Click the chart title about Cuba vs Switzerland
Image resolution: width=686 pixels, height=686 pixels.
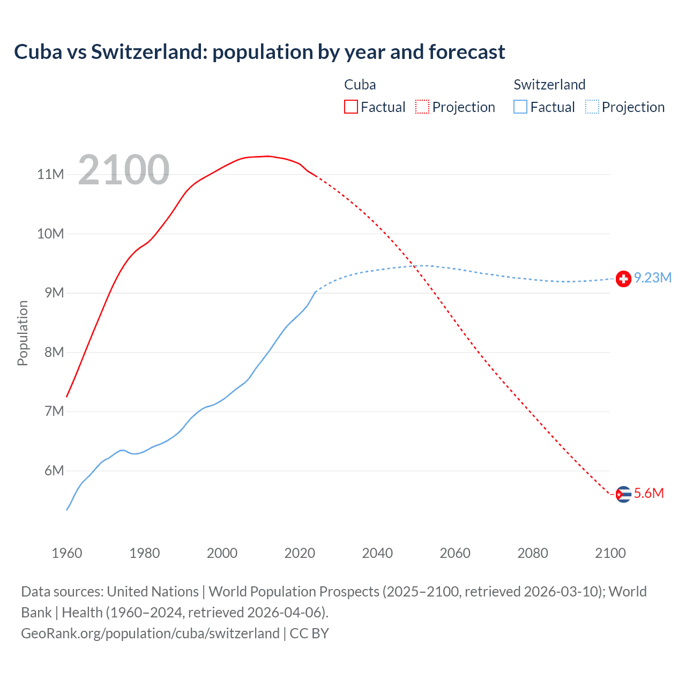259,52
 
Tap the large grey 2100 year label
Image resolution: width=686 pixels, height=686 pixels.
124,170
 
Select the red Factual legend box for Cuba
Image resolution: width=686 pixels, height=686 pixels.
351,107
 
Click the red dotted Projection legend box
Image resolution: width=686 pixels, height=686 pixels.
422,107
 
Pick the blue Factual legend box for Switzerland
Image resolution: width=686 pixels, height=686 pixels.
520,107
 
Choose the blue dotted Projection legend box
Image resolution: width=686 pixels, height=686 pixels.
592,107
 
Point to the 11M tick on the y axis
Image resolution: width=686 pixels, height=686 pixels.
51,174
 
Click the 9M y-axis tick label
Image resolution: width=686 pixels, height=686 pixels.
54,293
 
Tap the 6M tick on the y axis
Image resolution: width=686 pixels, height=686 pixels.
54,471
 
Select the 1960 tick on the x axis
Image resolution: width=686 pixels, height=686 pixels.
67,553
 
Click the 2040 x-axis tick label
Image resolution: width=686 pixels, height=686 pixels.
377,553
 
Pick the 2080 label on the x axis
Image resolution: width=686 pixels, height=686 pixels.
533,553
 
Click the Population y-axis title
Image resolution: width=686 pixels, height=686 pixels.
23,333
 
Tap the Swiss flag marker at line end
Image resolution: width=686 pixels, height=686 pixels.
623,279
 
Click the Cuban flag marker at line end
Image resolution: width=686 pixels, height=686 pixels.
623,494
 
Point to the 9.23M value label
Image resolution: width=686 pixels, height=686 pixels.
653,278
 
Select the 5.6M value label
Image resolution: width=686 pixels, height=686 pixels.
649,493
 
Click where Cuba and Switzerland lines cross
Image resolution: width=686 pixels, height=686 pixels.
415,266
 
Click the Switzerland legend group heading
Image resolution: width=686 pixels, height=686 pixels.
549,85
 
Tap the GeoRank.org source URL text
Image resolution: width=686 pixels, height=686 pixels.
150,633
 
